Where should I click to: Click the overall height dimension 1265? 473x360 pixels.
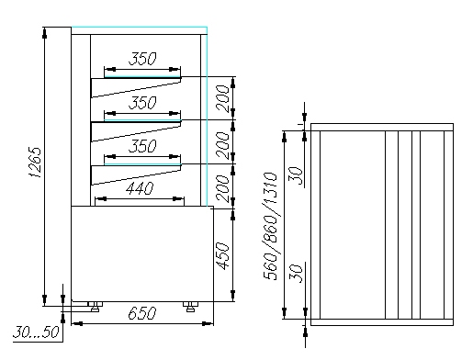pos(35,163)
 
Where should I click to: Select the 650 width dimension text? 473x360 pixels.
pos(142,313)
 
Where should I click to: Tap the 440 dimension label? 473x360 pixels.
pos(140,188)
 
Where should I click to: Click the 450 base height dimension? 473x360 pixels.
pos(222,256)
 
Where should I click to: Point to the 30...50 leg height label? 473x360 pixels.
pos(36,332)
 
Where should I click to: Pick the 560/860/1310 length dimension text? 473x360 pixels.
pos(270,226)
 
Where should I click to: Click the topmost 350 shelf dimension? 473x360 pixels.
pos(142,59)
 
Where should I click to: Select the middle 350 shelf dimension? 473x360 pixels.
pos(142,103)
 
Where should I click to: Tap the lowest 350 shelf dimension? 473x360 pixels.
pos(142,146)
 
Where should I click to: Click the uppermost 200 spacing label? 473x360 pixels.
pos(222,98)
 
